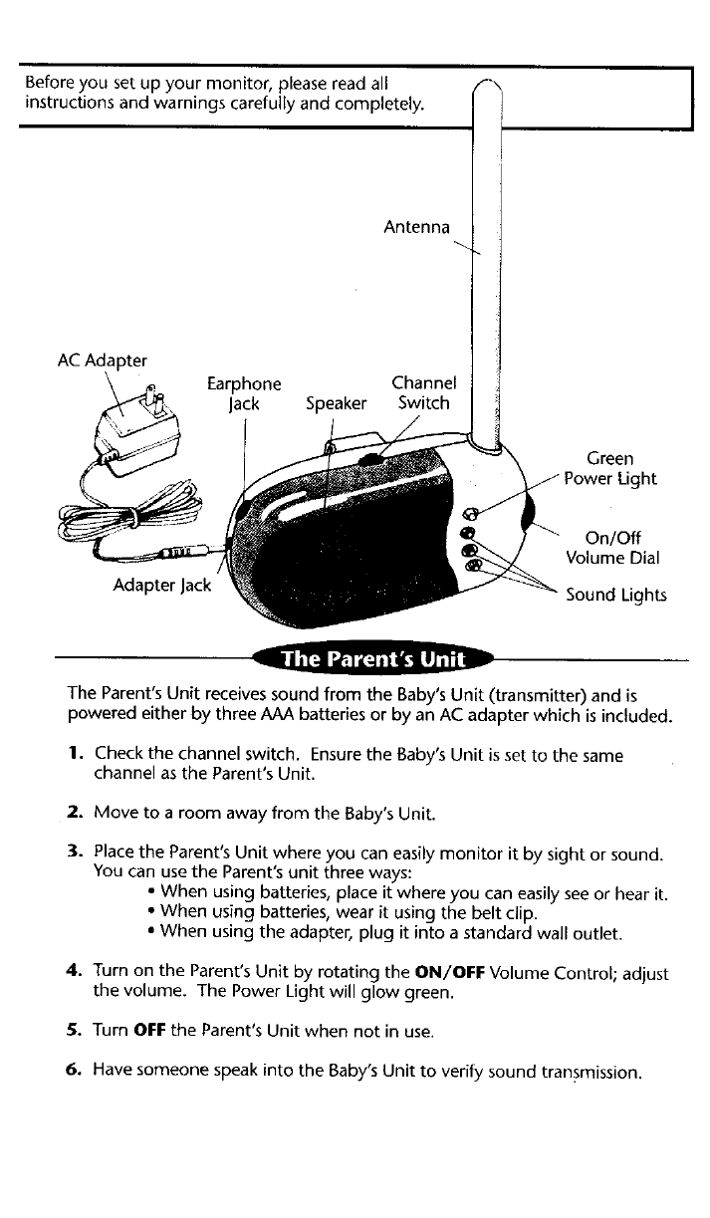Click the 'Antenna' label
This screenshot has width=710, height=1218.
point(417,228)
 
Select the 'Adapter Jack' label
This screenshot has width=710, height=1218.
point(162,585)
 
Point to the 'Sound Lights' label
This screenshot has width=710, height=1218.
point(616,596)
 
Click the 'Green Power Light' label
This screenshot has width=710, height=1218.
point(609,468)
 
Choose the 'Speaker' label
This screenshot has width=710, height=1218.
point(336,403)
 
